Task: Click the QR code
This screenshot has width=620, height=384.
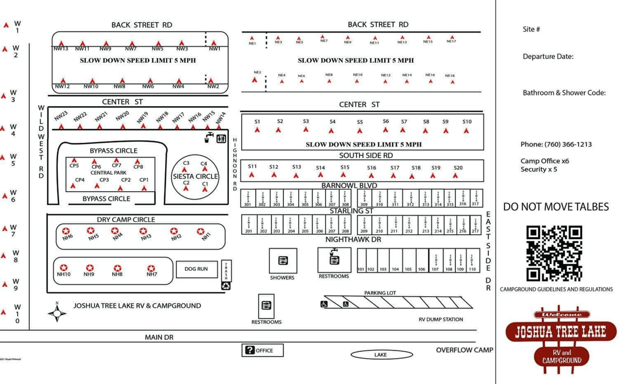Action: [x=554, y=253]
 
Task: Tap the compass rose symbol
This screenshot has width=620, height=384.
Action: [x=57, y=312]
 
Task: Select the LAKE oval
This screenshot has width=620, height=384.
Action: [x=381, y=355]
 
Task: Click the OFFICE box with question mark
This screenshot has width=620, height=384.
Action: [x=262, y=350]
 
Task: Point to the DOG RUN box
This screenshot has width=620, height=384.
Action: [x=196, y=269]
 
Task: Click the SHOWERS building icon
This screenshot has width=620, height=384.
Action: [x=283, y=261]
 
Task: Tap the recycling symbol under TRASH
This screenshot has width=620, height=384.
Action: [x=226, y=285]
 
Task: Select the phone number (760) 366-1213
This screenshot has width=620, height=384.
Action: [x=556, y=144]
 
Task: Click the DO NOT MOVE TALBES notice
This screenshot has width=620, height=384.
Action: [x=556, y=207]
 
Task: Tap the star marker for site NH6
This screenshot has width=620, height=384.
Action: [x=66, y=231]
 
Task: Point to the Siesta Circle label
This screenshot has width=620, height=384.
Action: [x=195, y=176]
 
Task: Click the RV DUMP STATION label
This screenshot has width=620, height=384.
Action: [x=441, y=319]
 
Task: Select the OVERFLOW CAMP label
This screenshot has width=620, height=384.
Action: [x=464, y=350]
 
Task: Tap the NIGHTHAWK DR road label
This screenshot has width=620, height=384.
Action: [x=353, y=240]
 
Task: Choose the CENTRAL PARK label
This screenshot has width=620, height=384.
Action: [x=109, y=173]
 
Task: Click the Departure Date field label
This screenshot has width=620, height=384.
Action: [x=548, y=57]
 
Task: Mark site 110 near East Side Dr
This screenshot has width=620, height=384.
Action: [x=472, y=269]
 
